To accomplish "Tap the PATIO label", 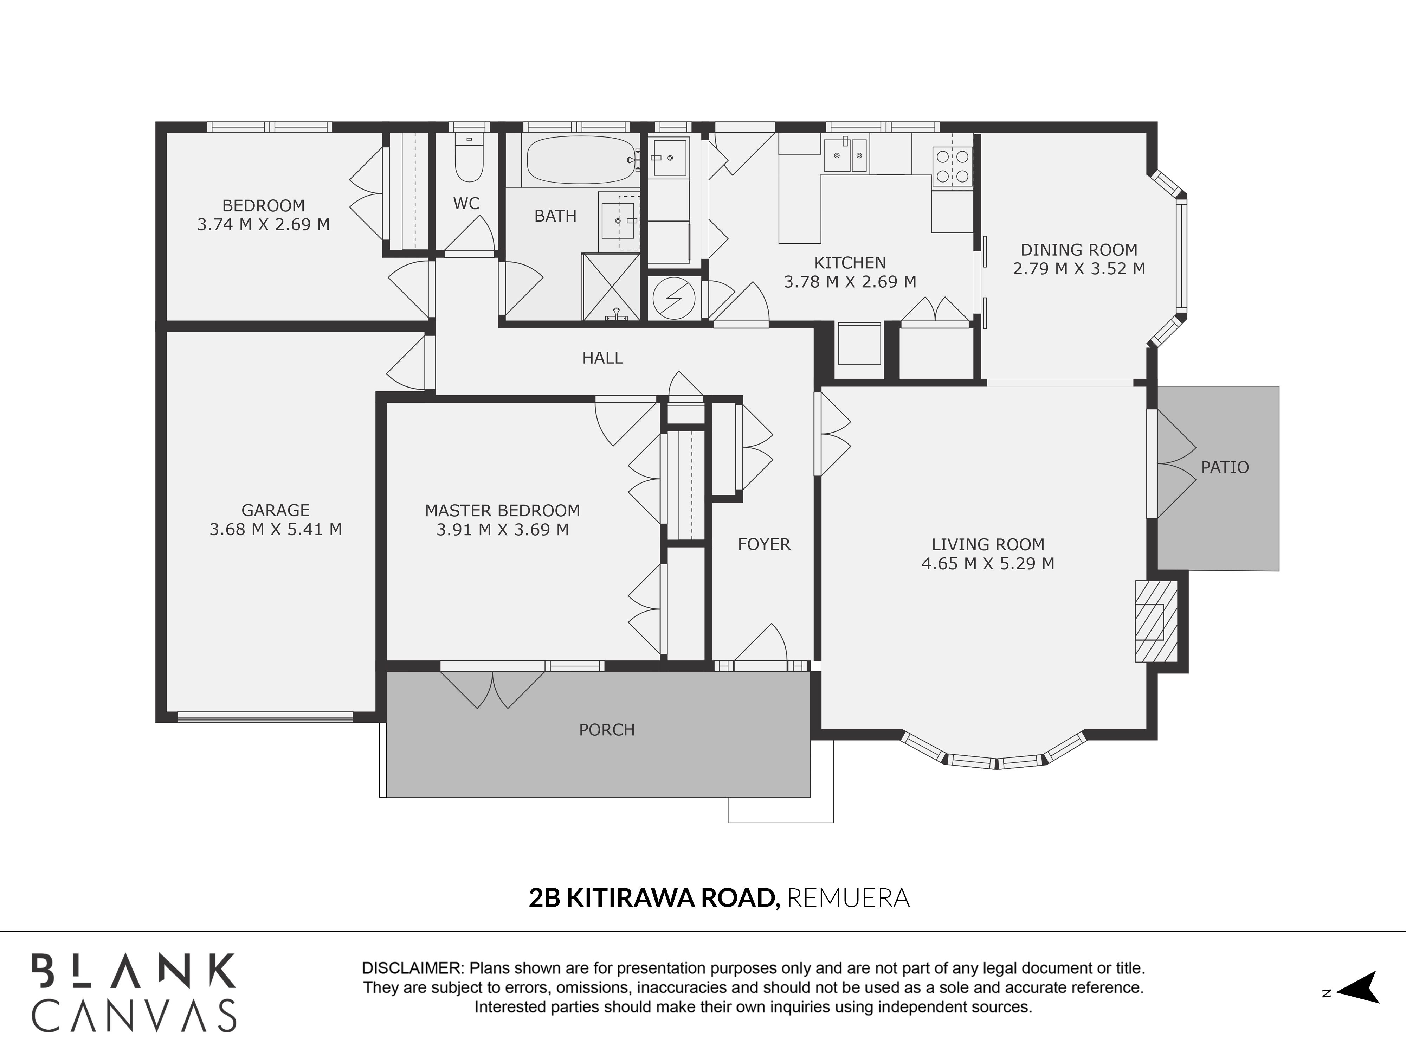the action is pyautogui.click(x=1225, y=467).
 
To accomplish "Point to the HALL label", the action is pyautogui.click(x=602, y=358).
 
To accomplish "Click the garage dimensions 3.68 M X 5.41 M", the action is pyautogui.click(x=276, y=529).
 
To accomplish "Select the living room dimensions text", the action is pyautogui.click(x=988, y=563).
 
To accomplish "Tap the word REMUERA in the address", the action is pyautogui.click(x=848, y=898).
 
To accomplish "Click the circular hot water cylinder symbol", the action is pyautogui.click(x=675, y=298).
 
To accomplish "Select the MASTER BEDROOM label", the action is pyautogui.click(x=502, y=511).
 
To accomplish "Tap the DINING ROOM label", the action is pyautogui.click(x=1079, y=250).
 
